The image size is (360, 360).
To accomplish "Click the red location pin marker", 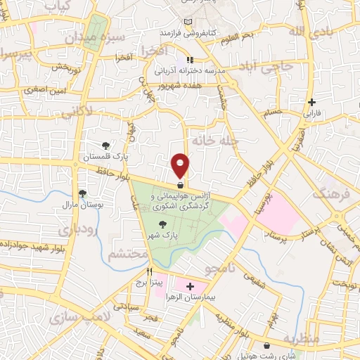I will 181,166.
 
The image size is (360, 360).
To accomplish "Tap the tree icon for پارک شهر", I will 163,224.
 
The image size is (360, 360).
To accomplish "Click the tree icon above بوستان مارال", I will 83,193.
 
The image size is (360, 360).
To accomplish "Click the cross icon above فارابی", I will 311,102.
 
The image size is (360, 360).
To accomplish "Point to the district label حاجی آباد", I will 268,67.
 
